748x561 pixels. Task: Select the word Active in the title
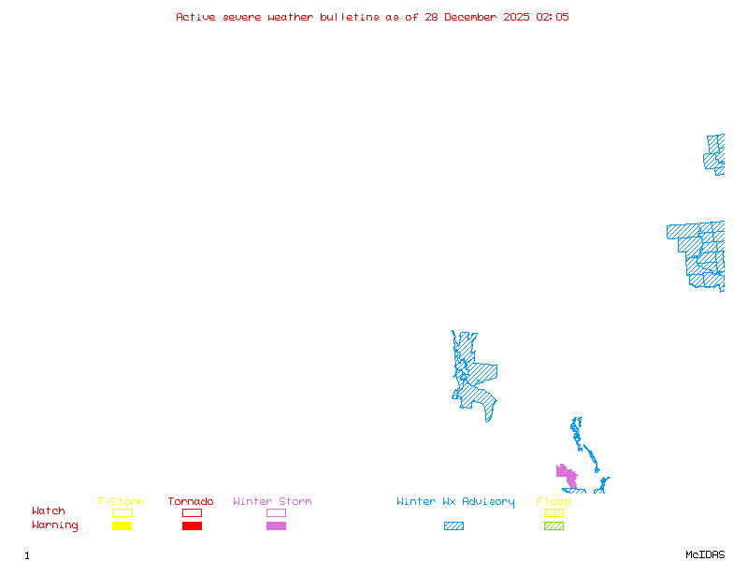[196, 17]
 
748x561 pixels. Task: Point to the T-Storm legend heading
[121, 502]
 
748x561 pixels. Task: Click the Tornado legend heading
[191, 502]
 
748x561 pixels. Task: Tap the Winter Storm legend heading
[272, 502]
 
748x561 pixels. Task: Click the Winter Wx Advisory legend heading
[455, 502]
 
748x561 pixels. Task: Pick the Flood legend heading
[554, 502]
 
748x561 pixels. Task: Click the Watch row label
[49, 511]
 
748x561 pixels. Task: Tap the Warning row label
[55, 525]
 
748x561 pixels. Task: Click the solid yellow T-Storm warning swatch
[122, 525]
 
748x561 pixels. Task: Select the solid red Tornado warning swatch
[192, 525]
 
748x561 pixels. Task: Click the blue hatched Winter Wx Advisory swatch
[453, 525]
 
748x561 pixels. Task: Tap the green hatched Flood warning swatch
[554, 525]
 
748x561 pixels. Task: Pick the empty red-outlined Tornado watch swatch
[192, 512]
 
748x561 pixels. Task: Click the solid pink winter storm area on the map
[567, 476]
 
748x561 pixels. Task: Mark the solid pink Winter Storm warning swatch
[276, 525]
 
